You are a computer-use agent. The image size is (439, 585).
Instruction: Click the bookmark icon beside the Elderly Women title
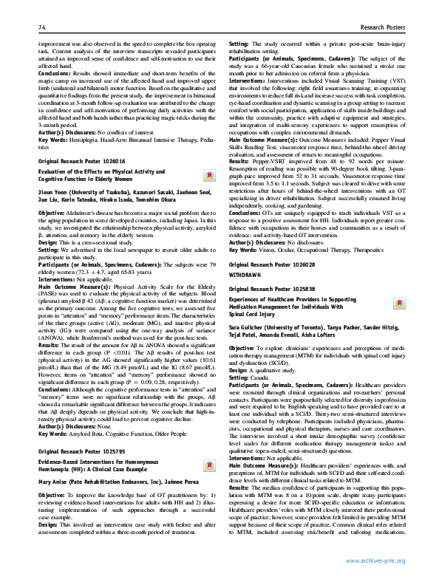pos(209,175)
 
